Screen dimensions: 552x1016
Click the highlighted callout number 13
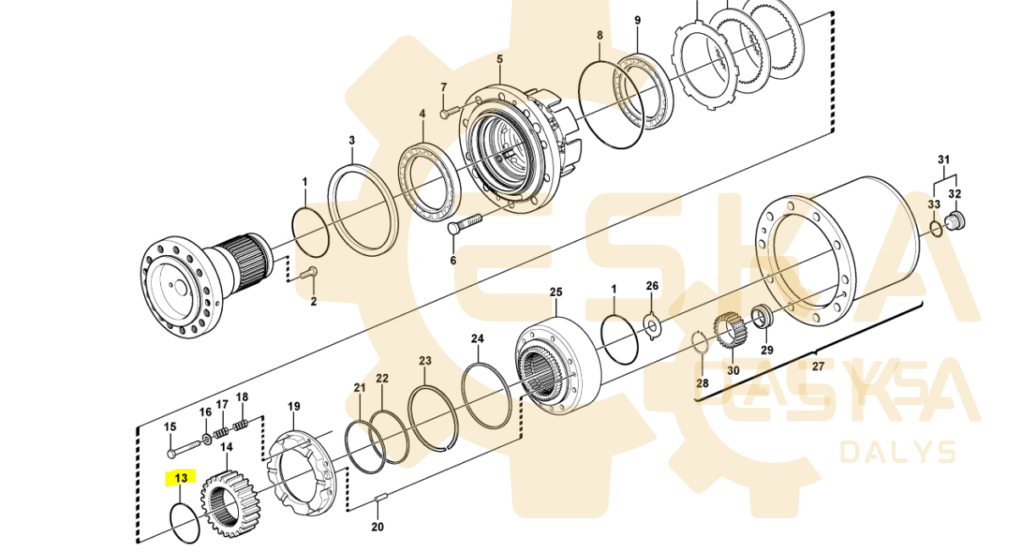[180, 478]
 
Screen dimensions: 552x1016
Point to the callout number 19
[293, 407]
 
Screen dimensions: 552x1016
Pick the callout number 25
[555, 293]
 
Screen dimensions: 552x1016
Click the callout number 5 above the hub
[499, 59]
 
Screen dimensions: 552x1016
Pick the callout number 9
[637, 20]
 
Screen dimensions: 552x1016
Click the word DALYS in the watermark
[897, 452]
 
